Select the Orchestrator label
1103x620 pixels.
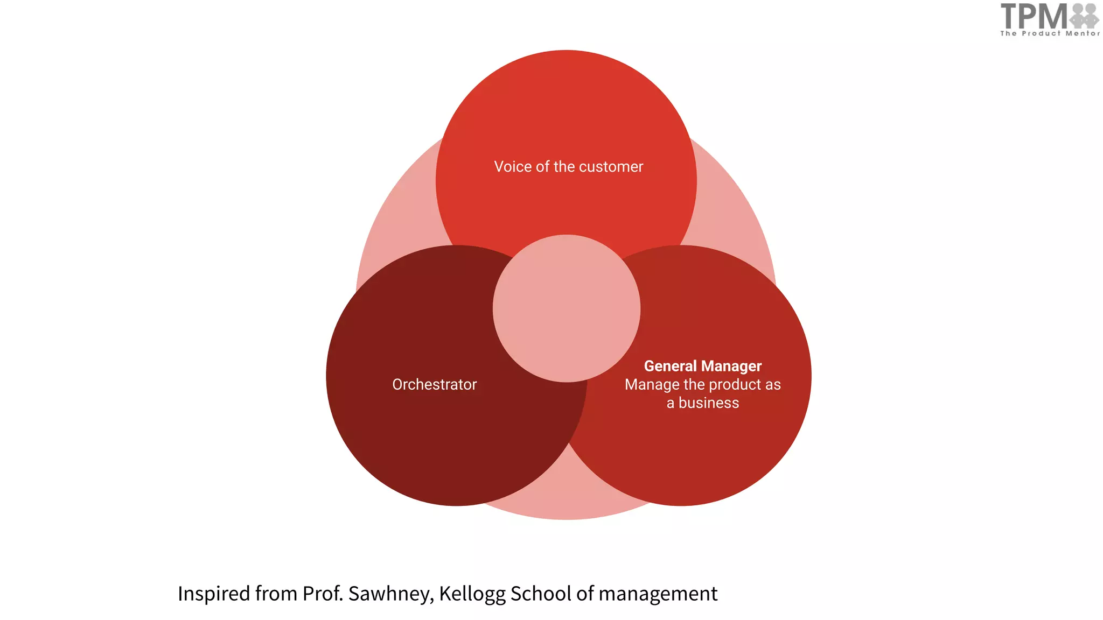point(434,384)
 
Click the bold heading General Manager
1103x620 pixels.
point(702,366)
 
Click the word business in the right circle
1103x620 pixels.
point(708,403)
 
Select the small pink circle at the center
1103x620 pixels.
point(567,308)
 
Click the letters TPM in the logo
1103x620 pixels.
point(1034,16)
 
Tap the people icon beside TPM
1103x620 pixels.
point(1084,16)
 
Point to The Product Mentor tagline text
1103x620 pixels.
point(1050,33)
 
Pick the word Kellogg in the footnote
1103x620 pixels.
point(472,594)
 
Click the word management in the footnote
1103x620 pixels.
point(658,594)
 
